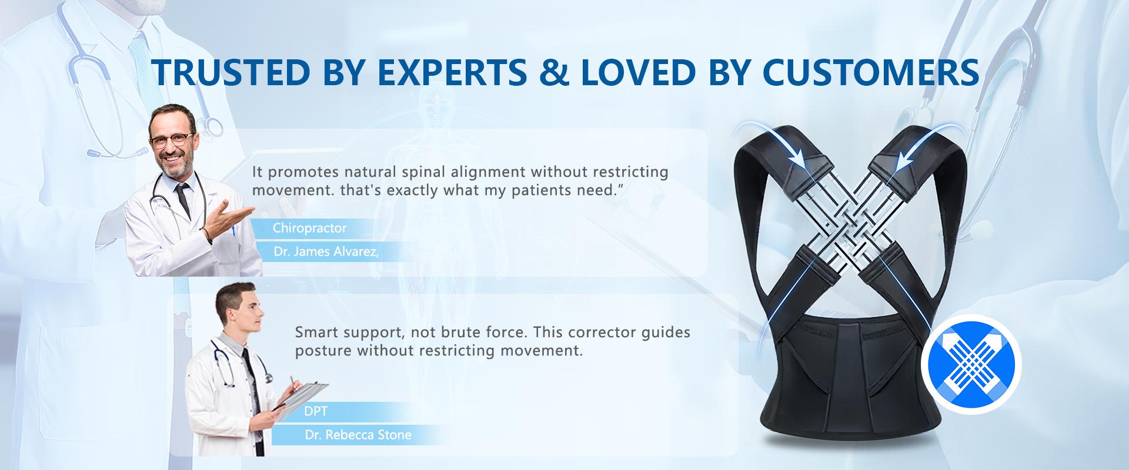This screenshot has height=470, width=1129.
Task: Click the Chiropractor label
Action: pos(309,228)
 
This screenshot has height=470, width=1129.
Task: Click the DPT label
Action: pos(315,411)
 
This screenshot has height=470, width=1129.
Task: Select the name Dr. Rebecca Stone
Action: pos(358,435)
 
